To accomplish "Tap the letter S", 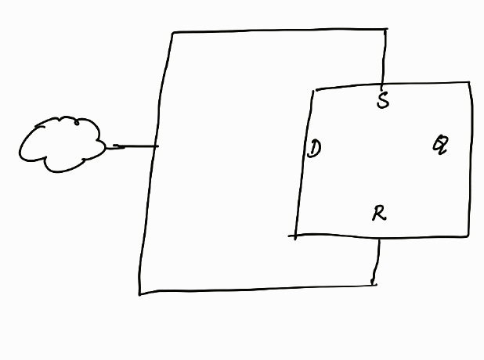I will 382,101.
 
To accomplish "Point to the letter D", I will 314,148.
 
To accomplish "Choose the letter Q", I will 441,145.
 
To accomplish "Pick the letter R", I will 379,212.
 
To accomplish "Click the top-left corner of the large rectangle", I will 172,33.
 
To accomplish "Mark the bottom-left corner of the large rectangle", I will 140,293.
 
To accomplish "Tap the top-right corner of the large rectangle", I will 385,30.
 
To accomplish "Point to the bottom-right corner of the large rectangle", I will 374,283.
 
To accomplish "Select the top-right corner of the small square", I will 470,82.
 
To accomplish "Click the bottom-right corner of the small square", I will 468,235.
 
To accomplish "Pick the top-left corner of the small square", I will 312,90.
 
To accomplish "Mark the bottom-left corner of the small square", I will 296,235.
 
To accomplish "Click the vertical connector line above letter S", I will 384,59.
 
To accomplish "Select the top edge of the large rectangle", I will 278,31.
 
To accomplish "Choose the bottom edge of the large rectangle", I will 258,289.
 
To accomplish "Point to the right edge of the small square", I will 470,157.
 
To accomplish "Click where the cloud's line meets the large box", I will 157,146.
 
